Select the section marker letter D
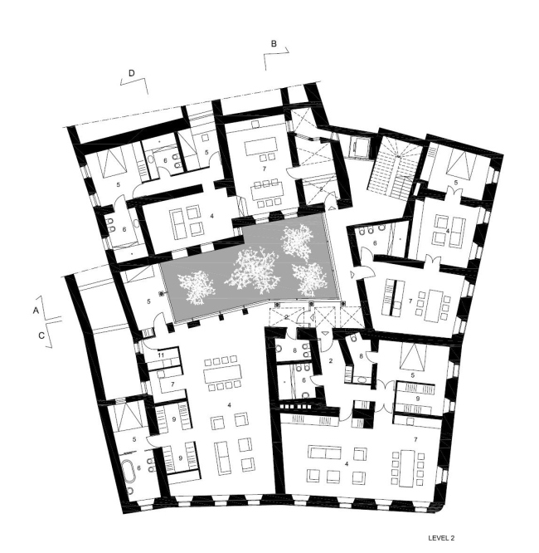[x=132, y=73]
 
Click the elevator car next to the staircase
[x=362, y=146]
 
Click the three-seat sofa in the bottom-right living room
[x=326, y=455]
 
